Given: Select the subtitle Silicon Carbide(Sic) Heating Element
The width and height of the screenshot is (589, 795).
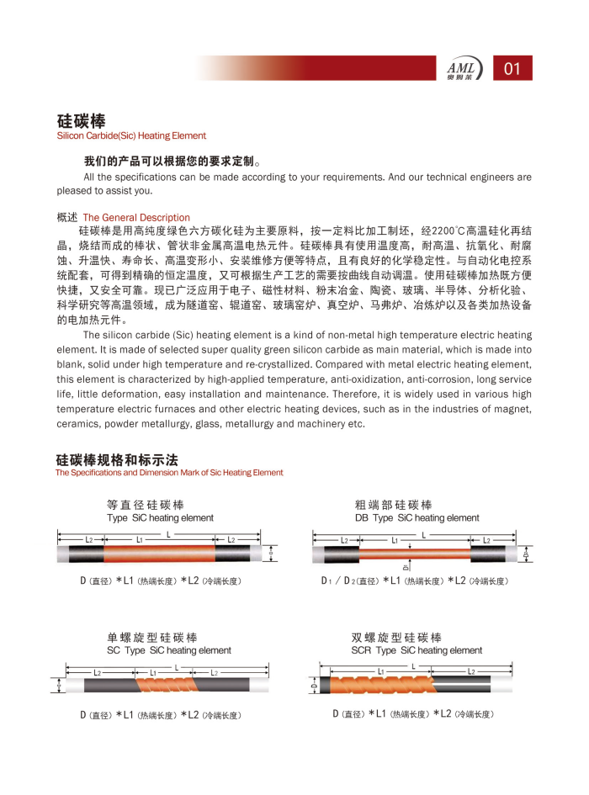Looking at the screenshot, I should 131,135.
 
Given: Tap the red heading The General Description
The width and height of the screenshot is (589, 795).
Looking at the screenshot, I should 136,217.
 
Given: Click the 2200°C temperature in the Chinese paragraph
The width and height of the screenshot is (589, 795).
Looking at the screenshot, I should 441,231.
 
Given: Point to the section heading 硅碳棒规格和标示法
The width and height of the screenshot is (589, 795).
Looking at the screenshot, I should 117,460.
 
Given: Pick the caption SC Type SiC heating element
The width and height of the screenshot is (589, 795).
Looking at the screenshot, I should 168,650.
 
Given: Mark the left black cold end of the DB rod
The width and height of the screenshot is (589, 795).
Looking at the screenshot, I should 340,554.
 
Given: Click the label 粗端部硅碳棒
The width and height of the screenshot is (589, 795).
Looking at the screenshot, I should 393,505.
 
